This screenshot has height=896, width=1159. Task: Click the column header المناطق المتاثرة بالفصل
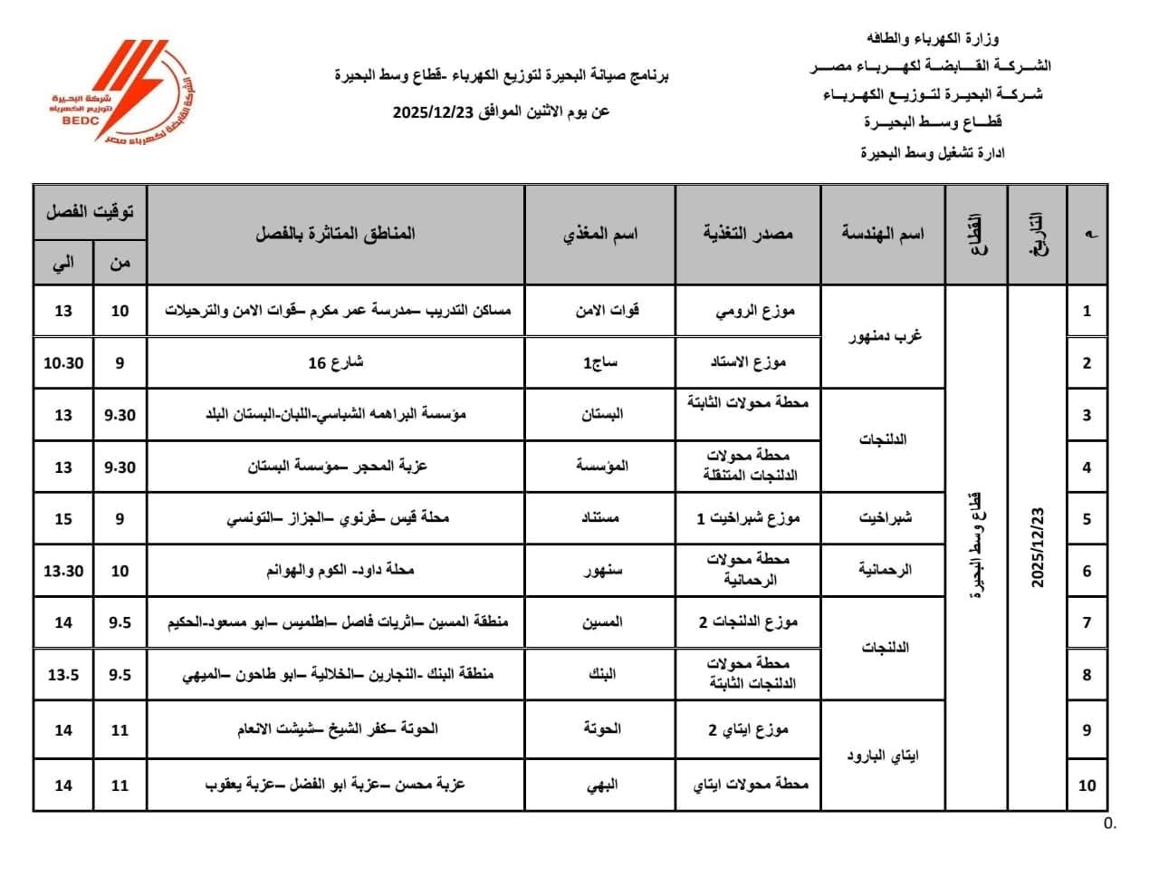335,234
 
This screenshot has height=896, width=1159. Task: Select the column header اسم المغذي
600,234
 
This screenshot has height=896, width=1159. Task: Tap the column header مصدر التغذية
748,234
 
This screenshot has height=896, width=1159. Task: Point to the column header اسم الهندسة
883,234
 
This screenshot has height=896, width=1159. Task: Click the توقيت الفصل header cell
90,212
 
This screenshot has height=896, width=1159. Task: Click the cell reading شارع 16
335,362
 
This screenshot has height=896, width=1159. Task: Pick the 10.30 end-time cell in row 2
63,362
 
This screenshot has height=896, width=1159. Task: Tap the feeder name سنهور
601,571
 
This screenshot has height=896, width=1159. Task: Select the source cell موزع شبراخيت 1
748,518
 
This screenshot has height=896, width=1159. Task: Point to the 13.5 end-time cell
63,675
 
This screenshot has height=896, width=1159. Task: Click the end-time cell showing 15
63,519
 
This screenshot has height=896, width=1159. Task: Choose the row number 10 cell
1087,785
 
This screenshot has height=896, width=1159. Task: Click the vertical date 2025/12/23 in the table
1037,546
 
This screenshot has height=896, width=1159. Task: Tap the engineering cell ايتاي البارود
883,756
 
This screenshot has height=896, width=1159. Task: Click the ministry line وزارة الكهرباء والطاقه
933,39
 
